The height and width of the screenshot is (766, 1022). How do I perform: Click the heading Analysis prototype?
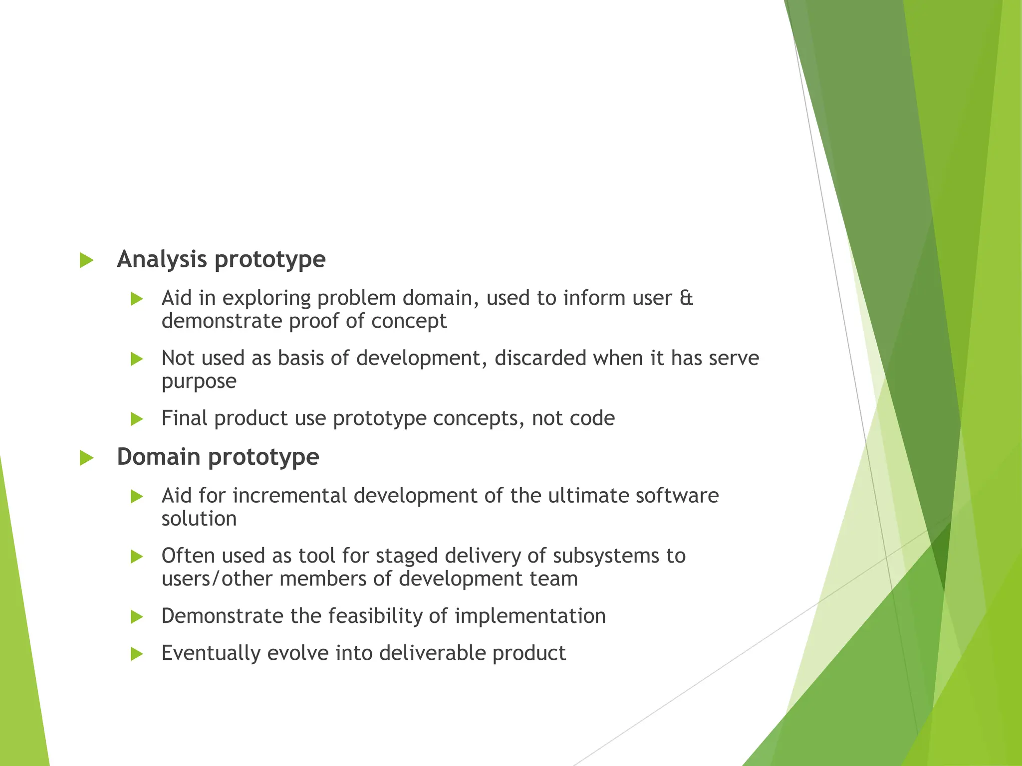221,259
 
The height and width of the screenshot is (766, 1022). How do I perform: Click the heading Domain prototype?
218,457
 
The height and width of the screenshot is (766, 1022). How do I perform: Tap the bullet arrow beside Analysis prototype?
86,260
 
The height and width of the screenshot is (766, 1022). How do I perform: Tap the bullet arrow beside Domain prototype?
86,458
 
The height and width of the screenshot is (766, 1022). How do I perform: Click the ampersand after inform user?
686,298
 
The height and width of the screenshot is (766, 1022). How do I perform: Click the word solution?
199,519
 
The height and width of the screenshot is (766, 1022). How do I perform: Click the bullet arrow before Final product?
136,419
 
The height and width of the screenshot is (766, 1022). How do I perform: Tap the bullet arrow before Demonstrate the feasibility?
136,617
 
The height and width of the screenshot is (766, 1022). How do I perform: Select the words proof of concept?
367,321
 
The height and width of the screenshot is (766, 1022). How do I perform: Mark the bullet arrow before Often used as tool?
136,557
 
